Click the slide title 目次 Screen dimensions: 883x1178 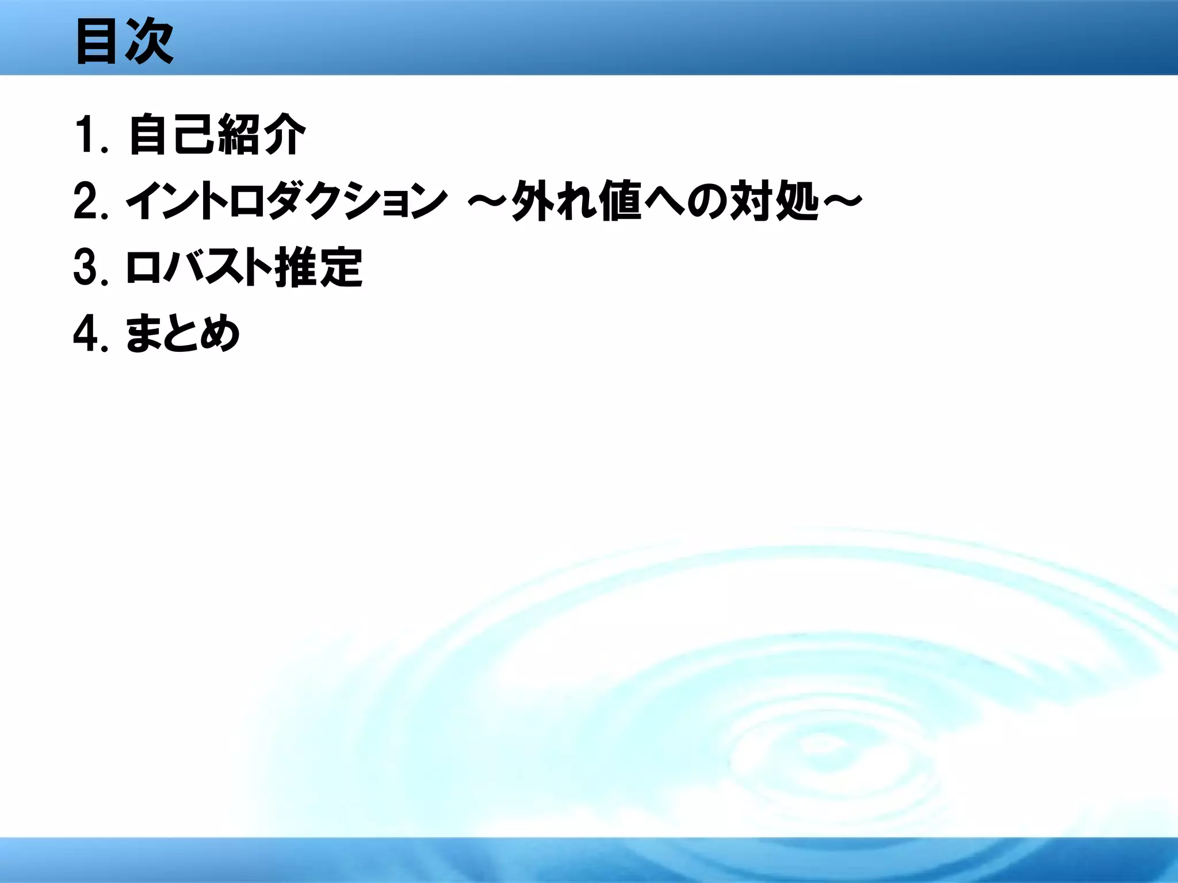coord(124,41)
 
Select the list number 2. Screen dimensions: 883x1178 coord(86,201)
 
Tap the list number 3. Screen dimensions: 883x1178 coord(86,268)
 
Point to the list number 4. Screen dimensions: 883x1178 coord(86,334)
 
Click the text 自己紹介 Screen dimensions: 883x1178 coord(216,135)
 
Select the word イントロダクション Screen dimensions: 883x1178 coord(286,201)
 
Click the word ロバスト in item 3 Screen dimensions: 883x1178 coord(198,268)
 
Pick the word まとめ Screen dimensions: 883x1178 coord(182,334)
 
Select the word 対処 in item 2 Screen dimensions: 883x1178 coord(774,201)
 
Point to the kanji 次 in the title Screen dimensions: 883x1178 coord(149,41)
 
